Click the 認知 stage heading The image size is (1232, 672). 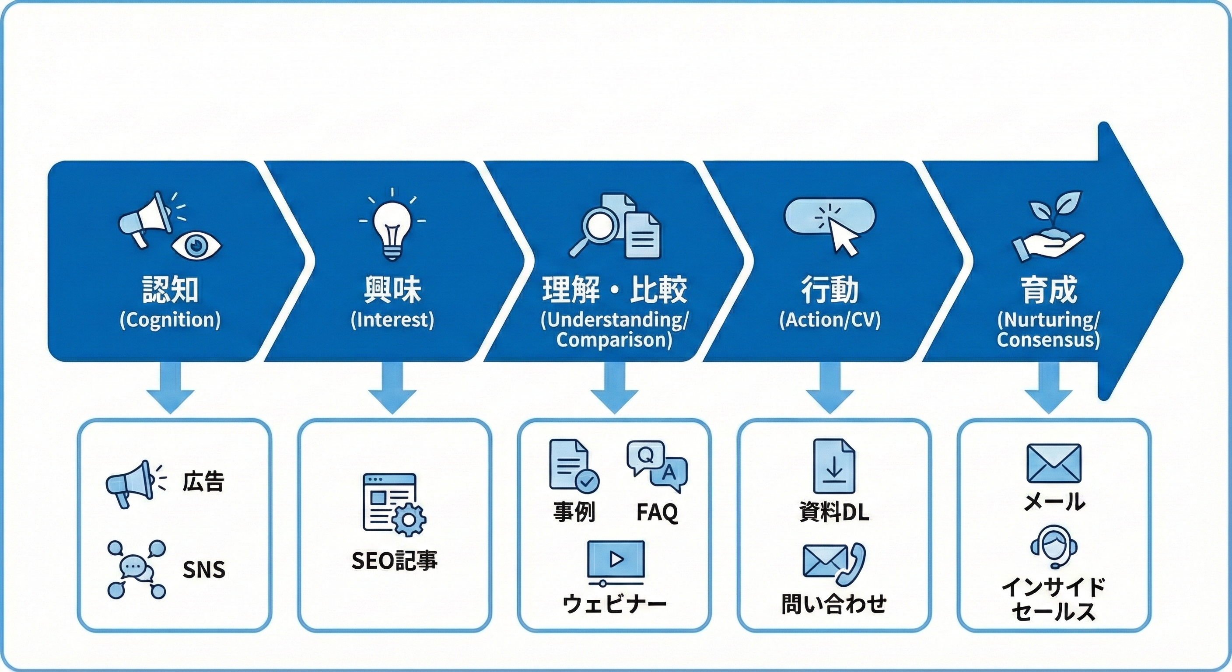[170, 290]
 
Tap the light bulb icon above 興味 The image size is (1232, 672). [392, 229]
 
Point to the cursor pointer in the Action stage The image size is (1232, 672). [845, 238]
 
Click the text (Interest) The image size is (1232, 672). [392, 320]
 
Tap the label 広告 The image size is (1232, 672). [203, 481]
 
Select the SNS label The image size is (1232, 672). [204, 570]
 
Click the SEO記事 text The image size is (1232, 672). [394, 560]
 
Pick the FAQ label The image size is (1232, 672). [657, 512]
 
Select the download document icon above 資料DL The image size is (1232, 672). [833, 466]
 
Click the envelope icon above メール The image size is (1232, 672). [1053, 463]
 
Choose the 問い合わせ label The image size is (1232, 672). [833, 604]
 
